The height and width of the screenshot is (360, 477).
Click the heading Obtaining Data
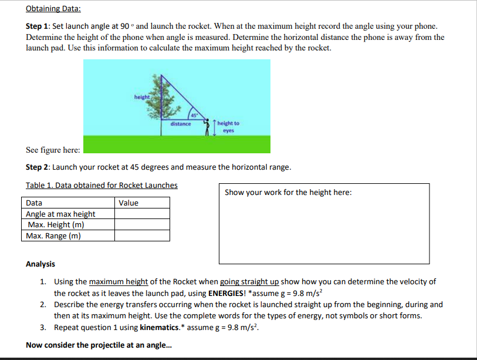click(53, 9)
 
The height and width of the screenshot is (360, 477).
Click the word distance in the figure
click(180, 124)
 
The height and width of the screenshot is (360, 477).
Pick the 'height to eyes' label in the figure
click(228, 126)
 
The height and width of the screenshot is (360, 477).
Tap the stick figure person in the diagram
click(207, 126)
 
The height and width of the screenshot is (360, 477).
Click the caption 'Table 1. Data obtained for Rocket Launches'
click(102, 185)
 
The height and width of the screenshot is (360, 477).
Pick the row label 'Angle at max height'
click(60, 214)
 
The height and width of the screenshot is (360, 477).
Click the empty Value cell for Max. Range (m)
click(143, 236)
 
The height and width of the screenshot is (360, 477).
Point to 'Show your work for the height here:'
click(288, 192)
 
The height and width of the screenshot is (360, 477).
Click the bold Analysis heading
click(40, 264)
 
